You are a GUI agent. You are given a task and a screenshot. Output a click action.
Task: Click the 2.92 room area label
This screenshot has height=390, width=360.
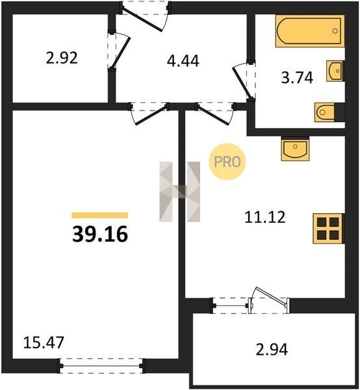(x=62, y=58)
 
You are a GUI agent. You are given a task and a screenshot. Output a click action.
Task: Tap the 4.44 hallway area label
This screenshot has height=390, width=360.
(x=183, y=61)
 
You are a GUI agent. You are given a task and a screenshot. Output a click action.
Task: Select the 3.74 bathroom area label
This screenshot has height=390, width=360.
(x=297, y=77)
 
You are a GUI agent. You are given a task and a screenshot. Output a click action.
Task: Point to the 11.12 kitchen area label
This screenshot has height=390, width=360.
(x=264, y=217)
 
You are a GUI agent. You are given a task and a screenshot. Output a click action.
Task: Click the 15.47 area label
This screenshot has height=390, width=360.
(x=44, y=343)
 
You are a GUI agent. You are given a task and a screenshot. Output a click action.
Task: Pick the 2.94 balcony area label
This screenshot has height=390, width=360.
(x=272, y=349)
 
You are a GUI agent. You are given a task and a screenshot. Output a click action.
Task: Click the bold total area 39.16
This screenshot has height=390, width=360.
(x=100, y=234)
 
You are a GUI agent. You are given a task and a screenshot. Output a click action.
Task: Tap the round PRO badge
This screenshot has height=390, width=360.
(x=227, y=162)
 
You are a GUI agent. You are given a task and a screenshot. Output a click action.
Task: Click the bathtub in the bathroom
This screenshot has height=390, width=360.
(x=310, y=31)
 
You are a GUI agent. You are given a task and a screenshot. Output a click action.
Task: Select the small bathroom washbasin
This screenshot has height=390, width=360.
(x=335, y=71)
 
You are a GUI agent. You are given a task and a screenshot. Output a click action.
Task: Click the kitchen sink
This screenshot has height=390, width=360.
(x=295, y=148)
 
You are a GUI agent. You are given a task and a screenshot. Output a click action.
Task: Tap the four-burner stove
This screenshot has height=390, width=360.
(x=328, y=228)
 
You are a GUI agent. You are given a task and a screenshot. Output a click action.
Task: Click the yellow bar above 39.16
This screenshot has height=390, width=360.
(x=100, y=215)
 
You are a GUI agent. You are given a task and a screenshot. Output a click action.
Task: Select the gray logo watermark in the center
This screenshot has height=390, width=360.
(x=180, y=192)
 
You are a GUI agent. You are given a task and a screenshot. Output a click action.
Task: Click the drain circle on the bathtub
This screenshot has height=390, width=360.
(x=335, y=31)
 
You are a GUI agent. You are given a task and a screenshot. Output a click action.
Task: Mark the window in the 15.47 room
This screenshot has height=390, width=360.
(x=101, y=365)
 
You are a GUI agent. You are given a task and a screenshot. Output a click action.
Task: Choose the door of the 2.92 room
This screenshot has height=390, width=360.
(x=119, y=51)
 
